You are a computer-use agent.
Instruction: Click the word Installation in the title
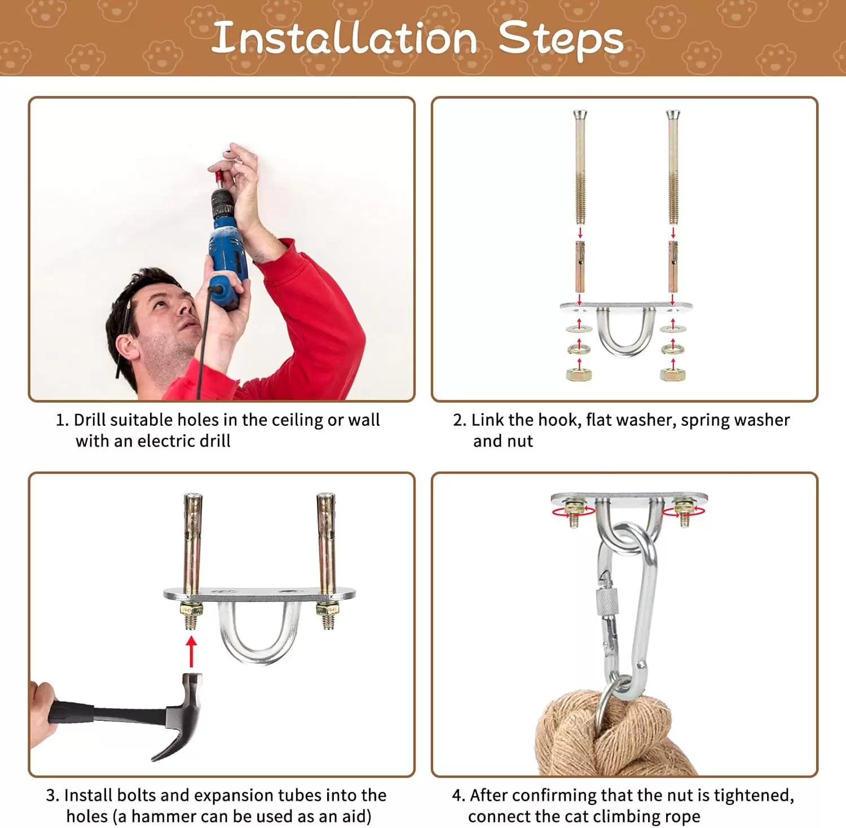(x=345, y=38)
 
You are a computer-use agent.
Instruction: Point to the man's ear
(x=128, y=346)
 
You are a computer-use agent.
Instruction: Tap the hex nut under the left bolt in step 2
(x=579, y=373)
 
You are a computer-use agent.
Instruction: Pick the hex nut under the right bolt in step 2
(x=672, y=373)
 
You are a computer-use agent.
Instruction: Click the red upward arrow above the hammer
(x=192, y=651)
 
